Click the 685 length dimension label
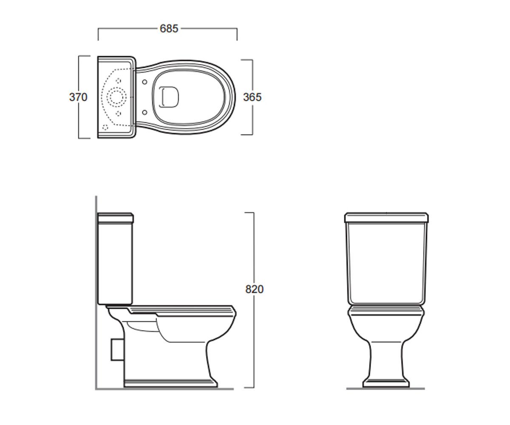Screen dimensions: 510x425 [x=169, y=28]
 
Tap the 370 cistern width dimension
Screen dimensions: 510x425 [x=78, y=97]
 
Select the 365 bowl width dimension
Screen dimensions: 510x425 [x=252, y=97]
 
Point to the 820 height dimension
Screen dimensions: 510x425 [x=254, y=289]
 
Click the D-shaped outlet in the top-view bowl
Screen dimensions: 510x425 [x=169, y=97]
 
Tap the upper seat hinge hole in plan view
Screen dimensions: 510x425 [x=144, y=82]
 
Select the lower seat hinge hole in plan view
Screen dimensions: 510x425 [x=144, y=112]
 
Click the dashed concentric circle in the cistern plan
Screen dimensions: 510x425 [x=117, y=97]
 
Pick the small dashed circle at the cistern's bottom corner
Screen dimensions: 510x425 [x=105, y=127]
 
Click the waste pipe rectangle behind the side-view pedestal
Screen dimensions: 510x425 [x=117, y=349]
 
